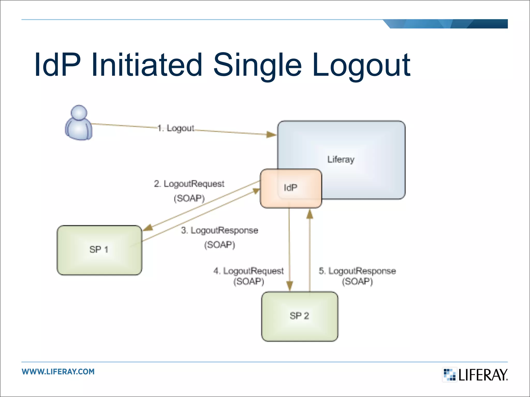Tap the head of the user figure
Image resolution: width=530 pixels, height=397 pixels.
(x=79, y=113)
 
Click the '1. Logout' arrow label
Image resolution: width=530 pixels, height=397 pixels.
(x=176, y=128)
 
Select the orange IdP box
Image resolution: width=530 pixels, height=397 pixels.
(x=291, y=188)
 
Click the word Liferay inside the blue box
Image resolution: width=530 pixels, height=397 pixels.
(x=341, y=159)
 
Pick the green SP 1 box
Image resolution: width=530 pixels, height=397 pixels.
(x=99, y=250)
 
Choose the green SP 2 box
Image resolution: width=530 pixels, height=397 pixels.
(x=299, y=316)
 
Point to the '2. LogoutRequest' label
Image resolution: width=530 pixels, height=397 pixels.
(x=189, y=184)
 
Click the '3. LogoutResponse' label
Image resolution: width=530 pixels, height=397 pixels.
(x=219, y=230)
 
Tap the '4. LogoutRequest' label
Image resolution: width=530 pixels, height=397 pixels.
(x=248, y=271)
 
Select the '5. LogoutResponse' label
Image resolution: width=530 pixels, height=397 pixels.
(x=357, y=271)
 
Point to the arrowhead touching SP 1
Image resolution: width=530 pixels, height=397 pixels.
(x=148, y=227)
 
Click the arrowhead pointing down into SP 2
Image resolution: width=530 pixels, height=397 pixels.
(x=290, y=286)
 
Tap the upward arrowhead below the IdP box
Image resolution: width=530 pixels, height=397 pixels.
(x=310, y=215)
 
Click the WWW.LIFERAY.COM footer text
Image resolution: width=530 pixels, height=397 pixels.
(x=58, y=372)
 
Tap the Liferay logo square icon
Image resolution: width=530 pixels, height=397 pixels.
(x=450, y=375)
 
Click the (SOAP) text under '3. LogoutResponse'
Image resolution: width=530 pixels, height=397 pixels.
(x=219, y=245)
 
